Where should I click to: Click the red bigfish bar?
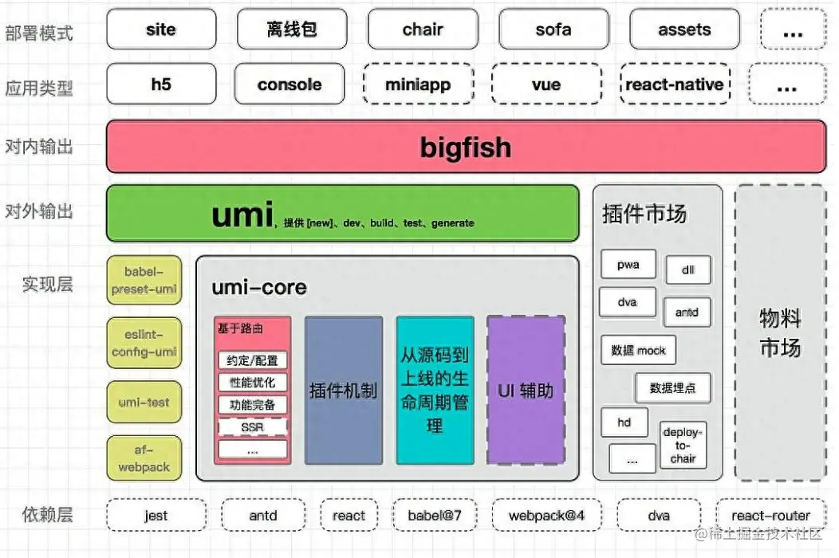click(466, 147)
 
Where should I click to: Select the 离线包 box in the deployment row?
click(292, 29)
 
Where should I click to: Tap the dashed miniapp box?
click(419, 84)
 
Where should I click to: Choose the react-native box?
click(675, 84)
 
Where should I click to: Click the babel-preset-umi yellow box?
click(144, 280)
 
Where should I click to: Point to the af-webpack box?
click(144, 459)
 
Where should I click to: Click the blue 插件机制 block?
click(343, 391)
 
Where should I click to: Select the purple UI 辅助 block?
click(526, 391)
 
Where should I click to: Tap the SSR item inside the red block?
click(252, 427)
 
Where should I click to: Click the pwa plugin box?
click(628, 265)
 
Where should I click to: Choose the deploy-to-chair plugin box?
click(683, 445)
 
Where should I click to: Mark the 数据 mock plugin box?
click(638, 350)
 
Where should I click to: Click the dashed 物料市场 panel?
click(780, 332)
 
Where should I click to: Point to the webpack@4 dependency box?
click(546, 516)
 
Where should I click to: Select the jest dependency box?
click(156, 516)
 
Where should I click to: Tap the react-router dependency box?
click(770, 516)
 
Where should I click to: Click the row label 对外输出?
click(39, 211)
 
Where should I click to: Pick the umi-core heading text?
click(259, 287)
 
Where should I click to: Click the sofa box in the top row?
click(553, 29)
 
